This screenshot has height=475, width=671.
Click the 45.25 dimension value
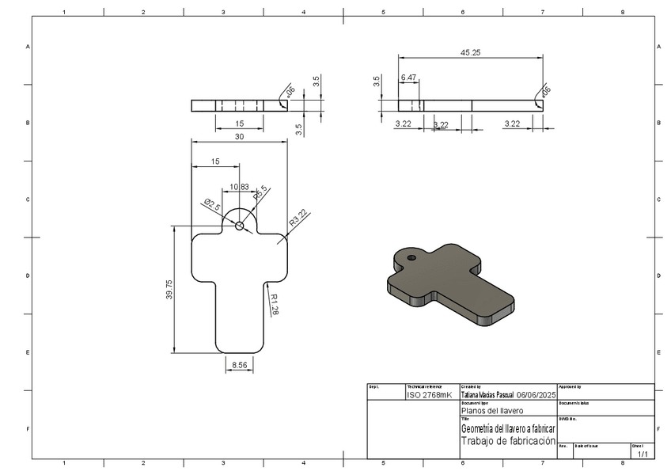471,52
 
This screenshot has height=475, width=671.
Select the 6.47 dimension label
409,77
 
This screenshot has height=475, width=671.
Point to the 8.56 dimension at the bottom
239,366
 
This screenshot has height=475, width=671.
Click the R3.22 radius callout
298,218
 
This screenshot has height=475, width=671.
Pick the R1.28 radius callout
274,305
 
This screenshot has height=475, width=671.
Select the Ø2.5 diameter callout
212,203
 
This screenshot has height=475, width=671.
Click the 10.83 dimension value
239,187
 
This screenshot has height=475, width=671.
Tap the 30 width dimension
239,136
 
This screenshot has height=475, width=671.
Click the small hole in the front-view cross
239,226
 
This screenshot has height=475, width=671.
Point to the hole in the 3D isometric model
411,257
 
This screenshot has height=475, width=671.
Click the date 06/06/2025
537,394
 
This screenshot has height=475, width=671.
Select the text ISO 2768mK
429,394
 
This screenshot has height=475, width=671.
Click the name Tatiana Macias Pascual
487,394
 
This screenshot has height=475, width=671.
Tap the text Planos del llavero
491,411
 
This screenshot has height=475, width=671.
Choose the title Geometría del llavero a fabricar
508,428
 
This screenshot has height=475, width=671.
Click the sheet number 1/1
643,454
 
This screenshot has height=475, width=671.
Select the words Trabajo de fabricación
508,441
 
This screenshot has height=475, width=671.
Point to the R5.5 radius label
260,192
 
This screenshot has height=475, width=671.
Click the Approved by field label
570,387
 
